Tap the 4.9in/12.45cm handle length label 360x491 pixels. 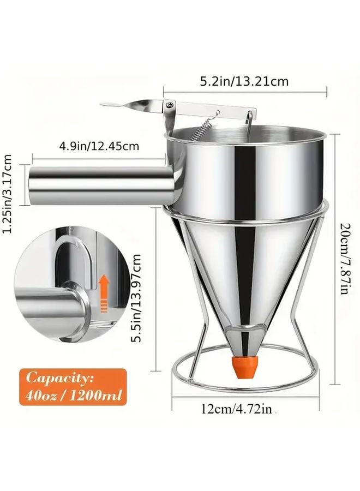pyautogui.click(x=99, y=146)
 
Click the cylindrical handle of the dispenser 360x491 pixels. pyautogui.click(x=98, y=185)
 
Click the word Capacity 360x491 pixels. pyautogui.click(x=61, y=378)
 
